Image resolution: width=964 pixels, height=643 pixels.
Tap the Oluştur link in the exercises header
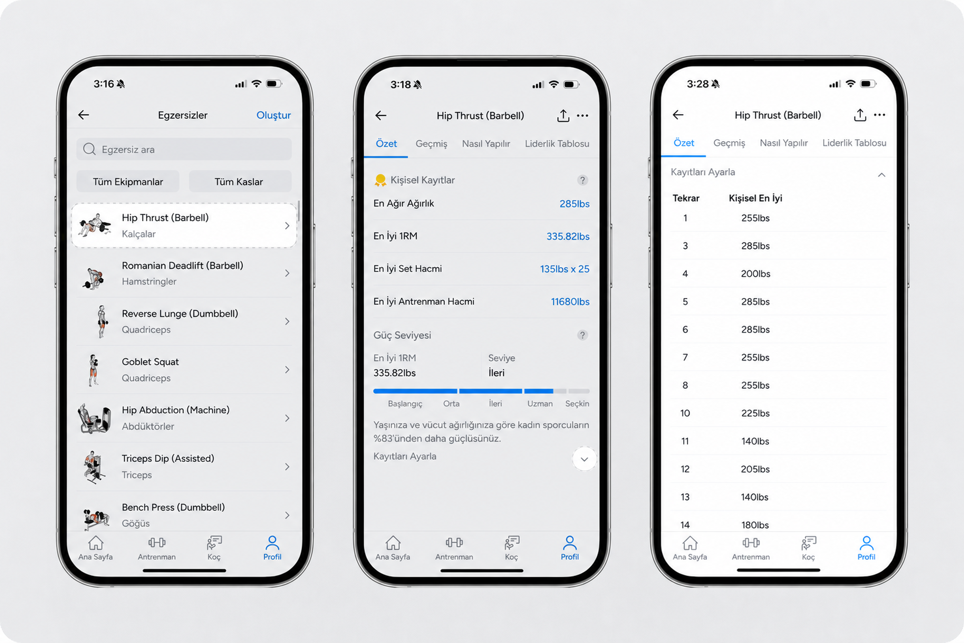tap(274, 115)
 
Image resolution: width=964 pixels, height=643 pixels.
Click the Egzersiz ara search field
tap(184, 149)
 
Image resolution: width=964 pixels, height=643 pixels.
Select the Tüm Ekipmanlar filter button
tap(128, 182)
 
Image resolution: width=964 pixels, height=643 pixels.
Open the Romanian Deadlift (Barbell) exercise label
tap(182, 265)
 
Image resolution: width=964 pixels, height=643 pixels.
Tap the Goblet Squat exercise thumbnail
tap(94, 370)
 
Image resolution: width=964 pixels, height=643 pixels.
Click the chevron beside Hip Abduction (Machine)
tap(287, 418)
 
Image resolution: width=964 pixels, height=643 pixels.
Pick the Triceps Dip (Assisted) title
tap(168, 459)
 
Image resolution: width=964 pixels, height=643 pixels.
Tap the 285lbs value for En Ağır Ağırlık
tap(574, 204)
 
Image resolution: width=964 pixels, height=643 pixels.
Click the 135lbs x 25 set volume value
tap(564, 269)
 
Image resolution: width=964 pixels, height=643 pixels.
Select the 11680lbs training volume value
tap(570, 302)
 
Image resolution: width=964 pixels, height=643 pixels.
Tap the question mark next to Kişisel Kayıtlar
tap(582, 180)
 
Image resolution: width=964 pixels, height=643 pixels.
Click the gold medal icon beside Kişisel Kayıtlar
tap(380, 180)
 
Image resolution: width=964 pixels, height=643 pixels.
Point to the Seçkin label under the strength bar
tap(577, 403)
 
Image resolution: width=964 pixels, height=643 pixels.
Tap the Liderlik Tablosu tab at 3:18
tap(557, 143)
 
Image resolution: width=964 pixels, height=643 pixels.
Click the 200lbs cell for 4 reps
tap(756, 274)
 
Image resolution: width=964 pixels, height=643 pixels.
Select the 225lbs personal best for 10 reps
tap(755, 413)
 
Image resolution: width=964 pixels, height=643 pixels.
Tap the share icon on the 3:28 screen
tap(860, 115)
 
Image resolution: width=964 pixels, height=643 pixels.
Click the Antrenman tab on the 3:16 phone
tap(157, 548)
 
